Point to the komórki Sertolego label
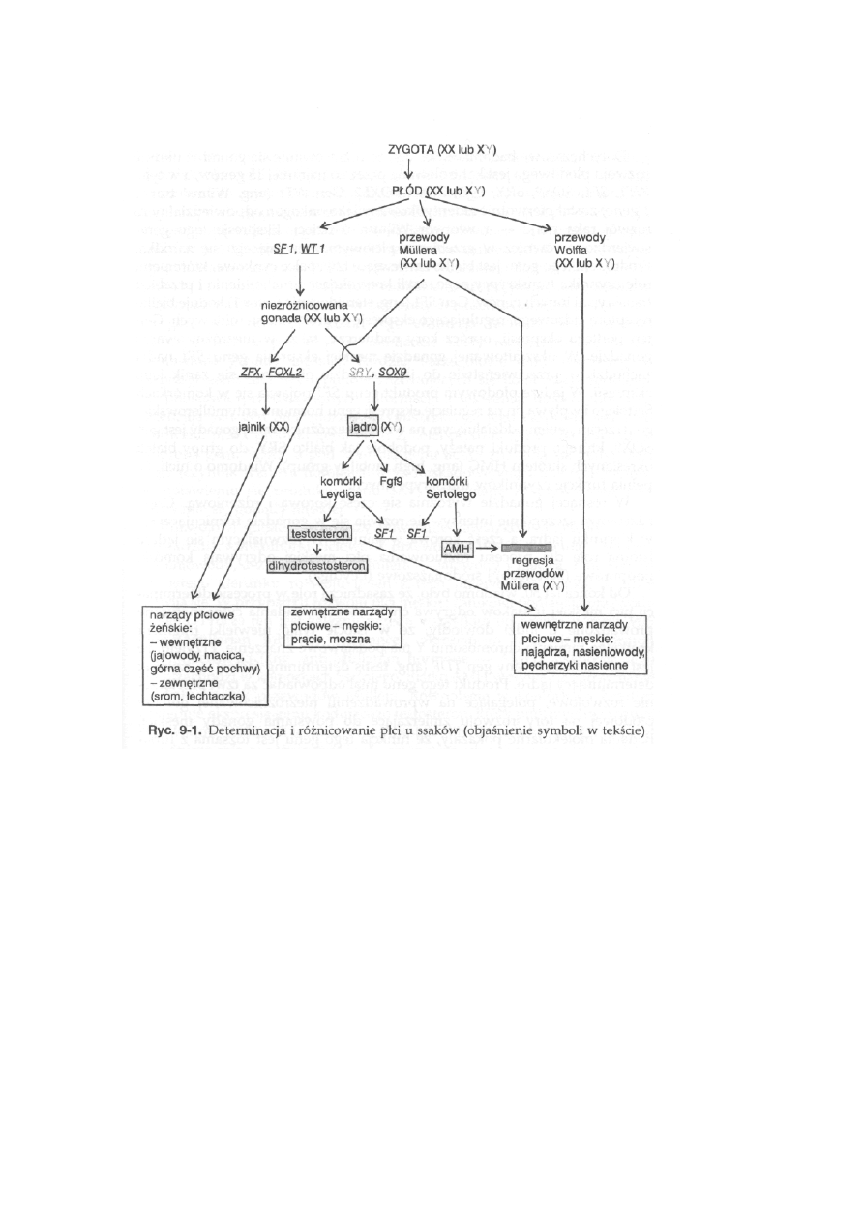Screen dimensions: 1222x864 (x=451, y=488)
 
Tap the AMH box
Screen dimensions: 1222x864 (x=455, y=550)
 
